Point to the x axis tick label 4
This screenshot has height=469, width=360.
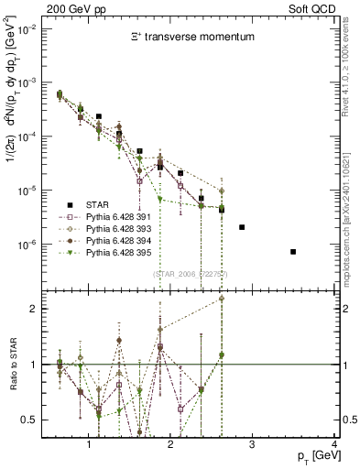tap(335, 444)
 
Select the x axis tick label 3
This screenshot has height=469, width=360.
tap(253, 444)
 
